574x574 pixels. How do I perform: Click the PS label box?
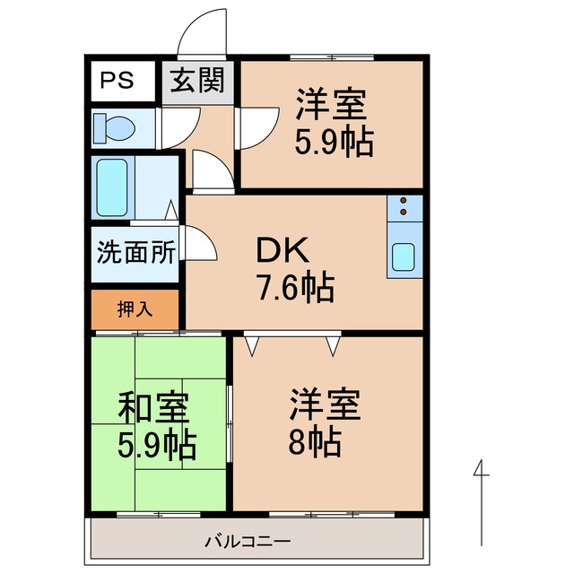117,81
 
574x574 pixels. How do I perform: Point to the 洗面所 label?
135,252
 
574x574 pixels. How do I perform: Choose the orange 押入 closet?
135,309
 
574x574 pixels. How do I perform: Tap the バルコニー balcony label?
247,542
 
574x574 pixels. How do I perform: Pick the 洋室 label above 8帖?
325,404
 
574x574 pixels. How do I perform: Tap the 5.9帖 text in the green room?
158,445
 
